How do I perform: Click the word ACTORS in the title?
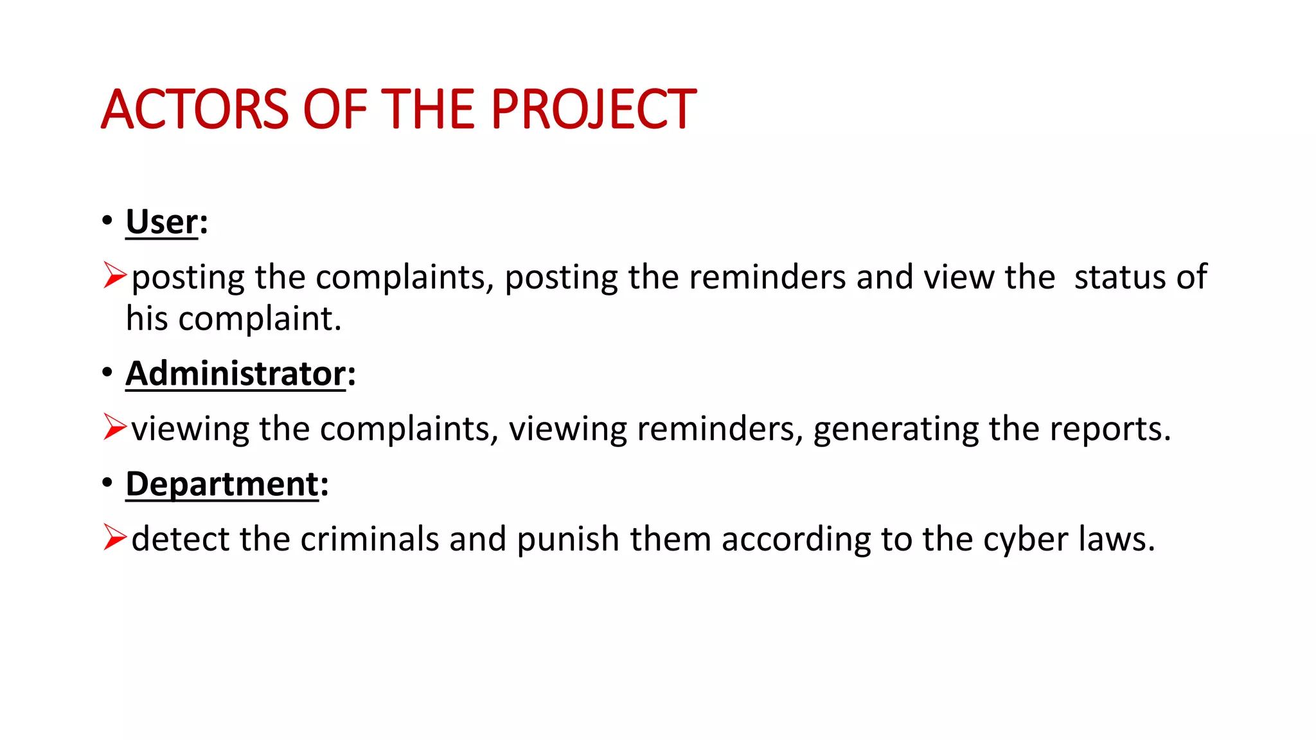coord(195,109)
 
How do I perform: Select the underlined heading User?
coord(162,222)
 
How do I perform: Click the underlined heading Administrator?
coord(235,374)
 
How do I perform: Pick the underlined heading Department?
coord(222,484)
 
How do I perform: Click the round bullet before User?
coord(107,220)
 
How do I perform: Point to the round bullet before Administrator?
coord(107,372)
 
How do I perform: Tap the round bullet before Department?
coord(107,482)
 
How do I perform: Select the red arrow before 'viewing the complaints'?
coord(114,427)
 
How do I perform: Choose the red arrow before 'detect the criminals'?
coord(114,538)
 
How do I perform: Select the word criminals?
coord(369,539)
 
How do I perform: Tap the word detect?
coord(180,539)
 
